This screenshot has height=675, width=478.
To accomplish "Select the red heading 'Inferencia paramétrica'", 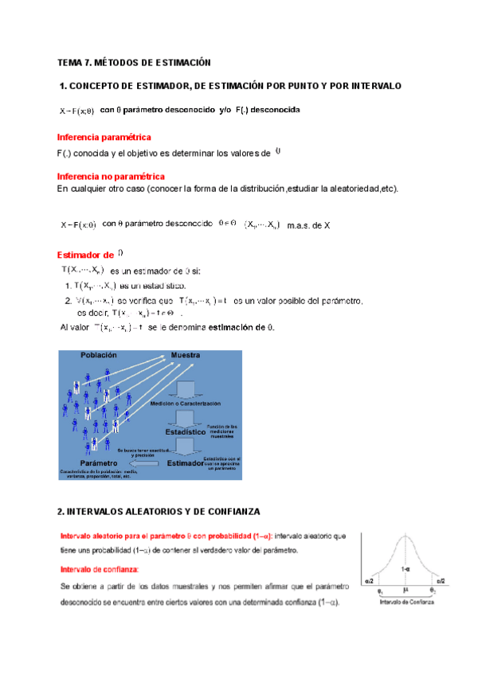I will tap(104, 138).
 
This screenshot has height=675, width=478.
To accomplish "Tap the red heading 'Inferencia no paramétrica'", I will tap(112, 175).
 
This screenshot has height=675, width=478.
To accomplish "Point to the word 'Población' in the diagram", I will tap(98, 356).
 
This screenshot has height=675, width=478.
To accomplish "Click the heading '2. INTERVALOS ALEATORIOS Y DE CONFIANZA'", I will tap(159, 510).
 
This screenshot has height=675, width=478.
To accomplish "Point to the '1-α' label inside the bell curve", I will tap(406, 569).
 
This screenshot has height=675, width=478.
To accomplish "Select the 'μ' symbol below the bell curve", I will tap(406, 590).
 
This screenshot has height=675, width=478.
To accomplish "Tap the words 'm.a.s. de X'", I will tap(308, 225).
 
